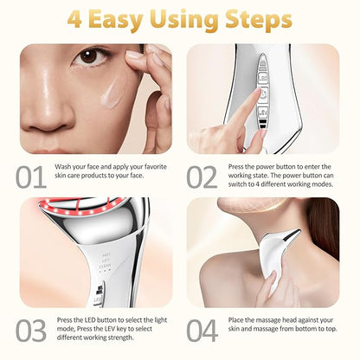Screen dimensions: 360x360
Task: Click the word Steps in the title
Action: pos(259,20)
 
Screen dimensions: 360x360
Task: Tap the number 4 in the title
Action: pos(74,20)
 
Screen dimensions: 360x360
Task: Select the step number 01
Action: pos(31,177)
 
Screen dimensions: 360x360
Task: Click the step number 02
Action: pos(202,177)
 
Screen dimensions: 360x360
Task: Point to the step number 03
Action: pos(31,331)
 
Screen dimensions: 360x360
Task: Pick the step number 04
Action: pos(202,331)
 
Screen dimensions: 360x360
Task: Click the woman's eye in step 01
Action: pos(90,56)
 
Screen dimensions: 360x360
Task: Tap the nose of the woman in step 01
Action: pos(48,114)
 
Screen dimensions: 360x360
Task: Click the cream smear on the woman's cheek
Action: pos(112,92)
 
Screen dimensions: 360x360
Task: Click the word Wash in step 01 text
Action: pos(62,167)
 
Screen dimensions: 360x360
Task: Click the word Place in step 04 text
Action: pos(236,320)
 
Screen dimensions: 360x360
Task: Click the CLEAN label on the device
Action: pos(105,266)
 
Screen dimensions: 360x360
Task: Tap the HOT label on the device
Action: pos(106,255)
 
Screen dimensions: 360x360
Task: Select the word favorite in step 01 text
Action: pos(156,167)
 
